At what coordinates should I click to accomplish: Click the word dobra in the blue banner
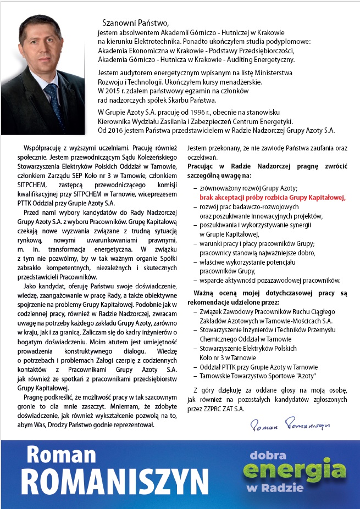tap(269, 455)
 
